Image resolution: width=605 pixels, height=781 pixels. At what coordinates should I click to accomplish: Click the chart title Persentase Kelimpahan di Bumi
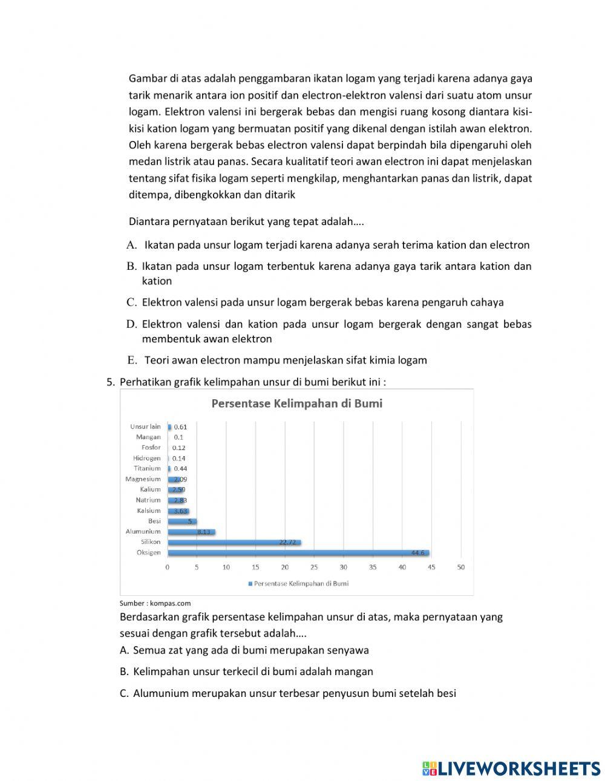pos(296,404)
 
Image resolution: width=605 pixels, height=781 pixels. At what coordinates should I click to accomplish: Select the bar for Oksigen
pos(298,552)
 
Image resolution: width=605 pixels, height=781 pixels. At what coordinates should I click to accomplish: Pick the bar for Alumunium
pos(191,532)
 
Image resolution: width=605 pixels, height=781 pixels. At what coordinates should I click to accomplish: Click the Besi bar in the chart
pos(181,521)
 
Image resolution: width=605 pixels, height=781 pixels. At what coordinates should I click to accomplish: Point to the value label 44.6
pos(417,552)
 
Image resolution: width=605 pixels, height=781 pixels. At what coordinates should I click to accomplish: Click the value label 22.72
pos(287,542)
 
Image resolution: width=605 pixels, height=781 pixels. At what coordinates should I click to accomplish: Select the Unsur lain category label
pos(145,426)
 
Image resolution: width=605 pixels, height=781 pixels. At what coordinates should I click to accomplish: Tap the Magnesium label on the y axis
pos(143,479)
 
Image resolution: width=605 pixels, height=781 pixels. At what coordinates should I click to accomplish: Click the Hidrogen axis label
pos(147,458)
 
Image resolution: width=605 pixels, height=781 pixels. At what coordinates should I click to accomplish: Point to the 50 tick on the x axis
pos(461,567)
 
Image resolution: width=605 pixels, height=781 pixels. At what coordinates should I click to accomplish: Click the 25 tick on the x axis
pos(314,567)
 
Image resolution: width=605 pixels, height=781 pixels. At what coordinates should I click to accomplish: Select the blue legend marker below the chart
pos(250,584)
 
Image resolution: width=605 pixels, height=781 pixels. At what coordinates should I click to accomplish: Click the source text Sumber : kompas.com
pos(155,603)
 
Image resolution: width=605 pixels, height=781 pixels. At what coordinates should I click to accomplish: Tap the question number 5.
pos(110,382)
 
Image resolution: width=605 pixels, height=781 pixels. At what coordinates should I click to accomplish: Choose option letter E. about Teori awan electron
pos(132,361)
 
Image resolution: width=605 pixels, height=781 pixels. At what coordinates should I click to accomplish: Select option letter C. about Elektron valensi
pos(131,302)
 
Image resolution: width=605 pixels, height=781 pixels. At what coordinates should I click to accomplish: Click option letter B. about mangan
pos(124,672)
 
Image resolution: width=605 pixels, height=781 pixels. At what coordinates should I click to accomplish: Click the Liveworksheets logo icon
pos(430,768)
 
